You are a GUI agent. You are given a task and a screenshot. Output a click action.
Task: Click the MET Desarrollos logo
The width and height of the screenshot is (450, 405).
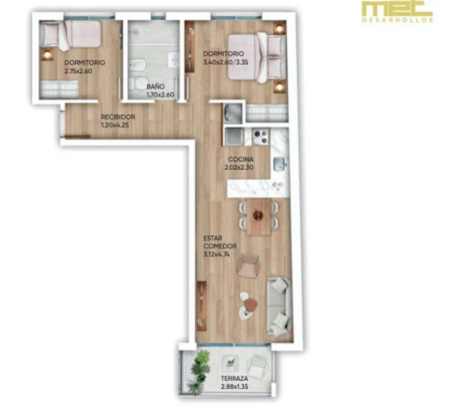point(397,12)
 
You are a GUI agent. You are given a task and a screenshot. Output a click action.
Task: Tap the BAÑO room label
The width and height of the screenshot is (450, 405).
point(156,86)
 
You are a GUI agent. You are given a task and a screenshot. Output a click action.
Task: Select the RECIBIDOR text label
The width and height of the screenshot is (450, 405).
point(118,117)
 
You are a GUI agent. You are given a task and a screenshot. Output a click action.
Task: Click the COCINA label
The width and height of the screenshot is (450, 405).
point(240,159)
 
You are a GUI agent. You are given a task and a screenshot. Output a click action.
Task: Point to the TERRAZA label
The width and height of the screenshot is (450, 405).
point(234,378)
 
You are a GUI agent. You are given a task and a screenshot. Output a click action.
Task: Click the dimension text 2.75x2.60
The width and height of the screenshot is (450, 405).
point(78,71)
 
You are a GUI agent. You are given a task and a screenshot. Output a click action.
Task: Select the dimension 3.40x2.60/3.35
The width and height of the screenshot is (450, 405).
point(226,62)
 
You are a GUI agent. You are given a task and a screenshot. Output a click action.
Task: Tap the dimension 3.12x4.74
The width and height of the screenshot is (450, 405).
point(216,255)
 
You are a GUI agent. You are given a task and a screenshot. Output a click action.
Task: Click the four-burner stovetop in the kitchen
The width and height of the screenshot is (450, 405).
point(261,136)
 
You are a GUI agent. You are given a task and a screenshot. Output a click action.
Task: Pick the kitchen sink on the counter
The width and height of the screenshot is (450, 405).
point(279,164)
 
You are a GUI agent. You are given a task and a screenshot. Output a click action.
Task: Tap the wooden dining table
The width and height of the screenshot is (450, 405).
point(259,216)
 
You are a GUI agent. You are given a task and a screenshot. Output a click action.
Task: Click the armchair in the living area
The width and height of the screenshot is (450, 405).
point(249,265)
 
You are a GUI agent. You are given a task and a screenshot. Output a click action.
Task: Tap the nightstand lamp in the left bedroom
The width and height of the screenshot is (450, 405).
point(47,54)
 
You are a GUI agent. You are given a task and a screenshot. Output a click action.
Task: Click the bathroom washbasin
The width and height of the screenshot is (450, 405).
point(173,60)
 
